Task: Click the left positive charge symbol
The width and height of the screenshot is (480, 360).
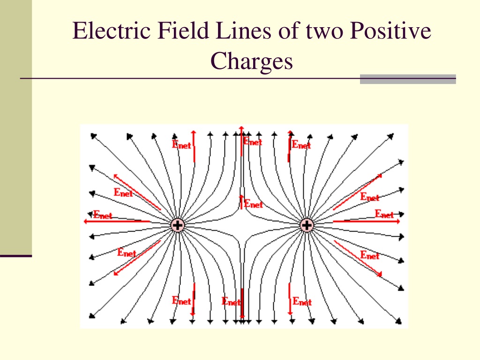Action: [x=178, y=225]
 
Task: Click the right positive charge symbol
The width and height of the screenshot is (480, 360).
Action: [x=307, y=225]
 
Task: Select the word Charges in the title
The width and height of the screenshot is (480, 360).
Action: [x=252, y=61]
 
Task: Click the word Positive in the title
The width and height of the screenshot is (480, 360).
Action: [x=390, y=30]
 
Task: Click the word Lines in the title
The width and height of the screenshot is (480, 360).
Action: [x=243, y=30]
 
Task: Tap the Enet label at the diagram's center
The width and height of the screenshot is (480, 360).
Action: [x=254, y=203]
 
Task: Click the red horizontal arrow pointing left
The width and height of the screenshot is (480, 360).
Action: [x=117, y=221]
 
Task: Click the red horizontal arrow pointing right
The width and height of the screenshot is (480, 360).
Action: [x=367, y=221]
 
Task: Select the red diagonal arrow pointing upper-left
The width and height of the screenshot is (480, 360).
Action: [x=137, y=192]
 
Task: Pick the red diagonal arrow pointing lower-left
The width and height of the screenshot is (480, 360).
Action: [x=137, y=258]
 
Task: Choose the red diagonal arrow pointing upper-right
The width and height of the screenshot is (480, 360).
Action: [x=358, y=192]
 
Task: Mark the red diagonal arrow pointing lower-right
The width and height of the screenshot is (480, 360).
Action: [x=358, y=258]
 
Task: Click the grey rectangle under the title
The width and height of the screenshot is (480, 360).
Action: [x=408, y=79]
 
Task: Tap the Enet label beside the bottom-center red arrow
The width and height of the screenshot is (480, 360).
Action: [x=231, y=301]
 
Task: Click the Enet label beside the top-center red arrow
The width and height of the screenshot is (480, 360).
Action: [x=253, y=142]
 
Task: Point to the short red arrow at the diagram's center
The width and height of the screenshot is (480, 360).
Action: [x=241, y=202]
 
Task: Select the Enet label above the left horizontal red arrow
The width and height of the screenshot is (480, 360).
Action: [x=103, y=215]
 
